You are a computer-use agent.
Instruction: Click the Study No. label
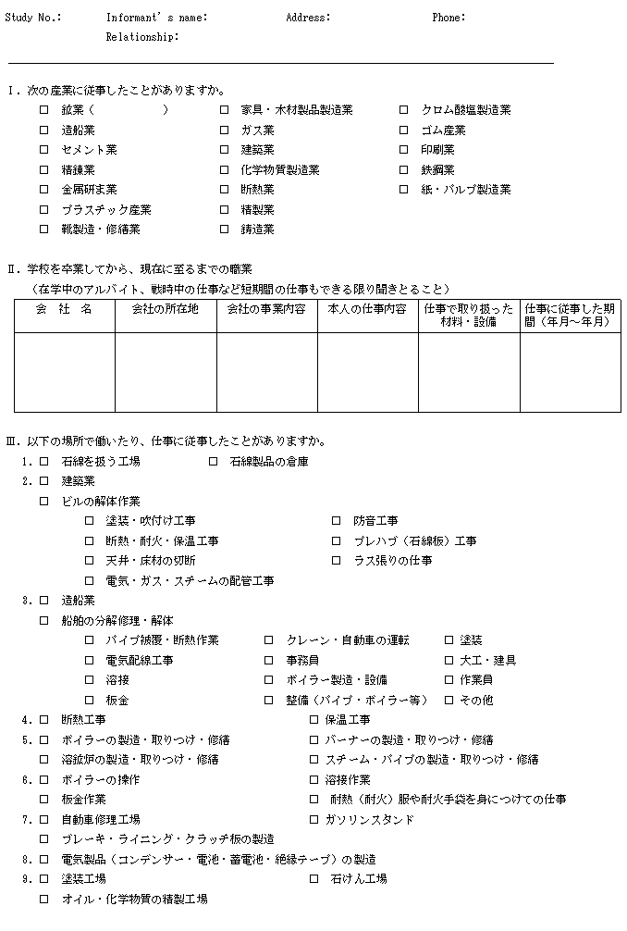click(33, 18)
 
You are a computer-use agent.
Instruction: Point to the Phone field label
click(449, 18)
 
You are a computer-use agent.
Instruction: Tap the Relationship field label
click(142, 37)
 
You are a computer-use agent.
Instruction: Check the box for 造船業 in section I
click(43, 130)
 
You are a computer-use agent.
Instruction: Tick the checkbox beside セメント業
click(43, 149)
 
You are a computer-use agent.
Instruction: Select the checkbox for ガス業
click(224, 130)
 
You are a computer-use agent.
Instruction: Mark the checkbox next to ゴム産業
click(403, 130)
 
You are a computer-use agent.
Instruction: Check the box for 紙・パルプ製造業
click(403, 189)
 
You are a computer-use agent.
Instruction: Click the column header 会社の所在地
click(166, 309)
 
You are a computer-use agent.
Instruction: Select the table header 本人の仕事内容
click(367, 309)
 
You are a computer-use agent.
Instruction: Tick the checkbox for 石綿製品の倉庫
click(213, 461)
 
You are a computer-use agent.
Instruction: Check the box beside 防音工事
click(337, 521)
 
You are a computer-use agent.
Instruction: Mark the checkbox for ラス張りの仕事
click(337, 561)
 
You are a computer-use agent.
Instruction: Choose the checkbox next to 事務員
click(268, 660)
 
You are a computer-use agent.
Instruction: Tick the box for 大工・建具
click(449, 660)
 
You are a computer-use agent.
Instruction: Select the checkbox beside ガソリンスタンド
click(313, 819)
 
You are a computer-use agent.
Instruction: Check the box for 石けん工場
click(313, 878)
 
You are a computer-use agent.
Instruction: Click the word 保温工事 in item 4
click(347, 720)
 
